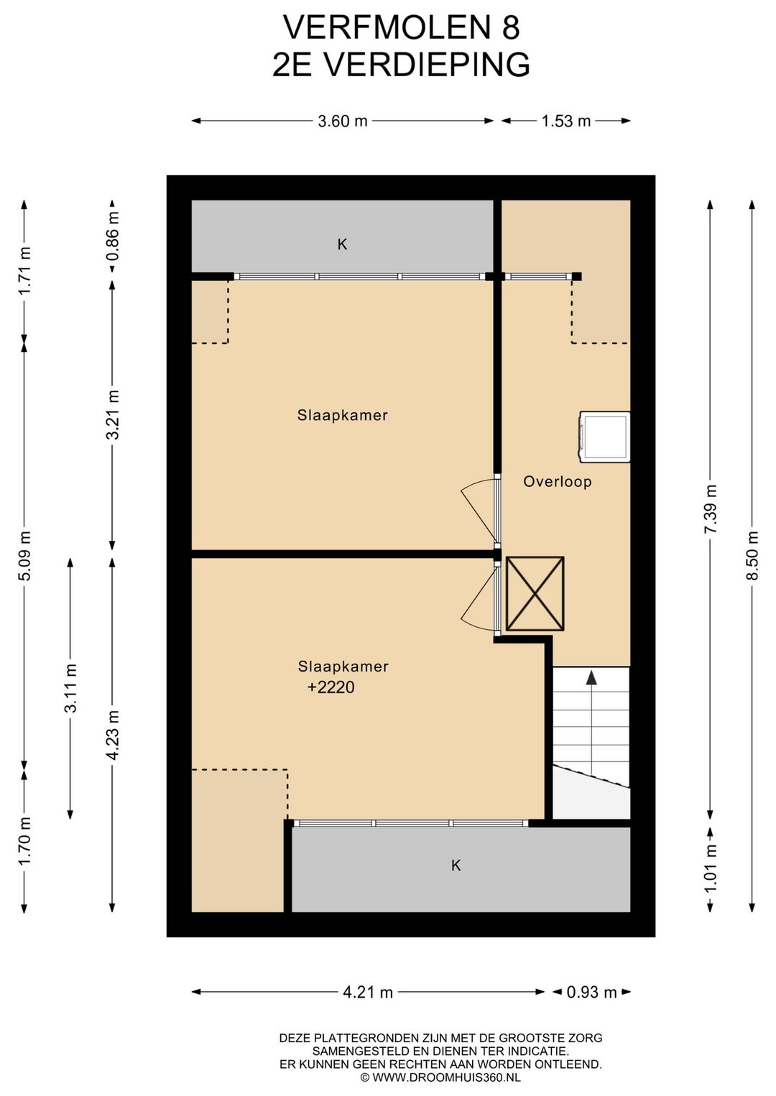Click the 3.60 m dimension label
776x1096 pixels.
click(342, 121)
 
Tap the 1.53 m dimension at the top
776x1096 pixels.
click(565, 121)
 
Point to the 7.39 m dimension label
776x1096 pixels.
click(711, 509)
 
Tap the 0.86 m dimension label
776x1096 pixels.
click(113, 237)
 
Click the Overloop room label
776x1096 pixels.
click(557, 481)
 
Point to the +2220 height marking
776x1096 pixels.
click(331, 687)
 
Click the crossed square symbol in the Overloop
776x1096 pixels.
click(535, 593)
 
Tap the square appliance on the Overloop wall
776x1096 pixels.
click(605, 437)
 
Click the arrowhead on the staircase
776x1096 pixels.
click(592, 677)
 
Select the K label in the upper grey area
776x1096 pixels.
click(342, 244)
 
